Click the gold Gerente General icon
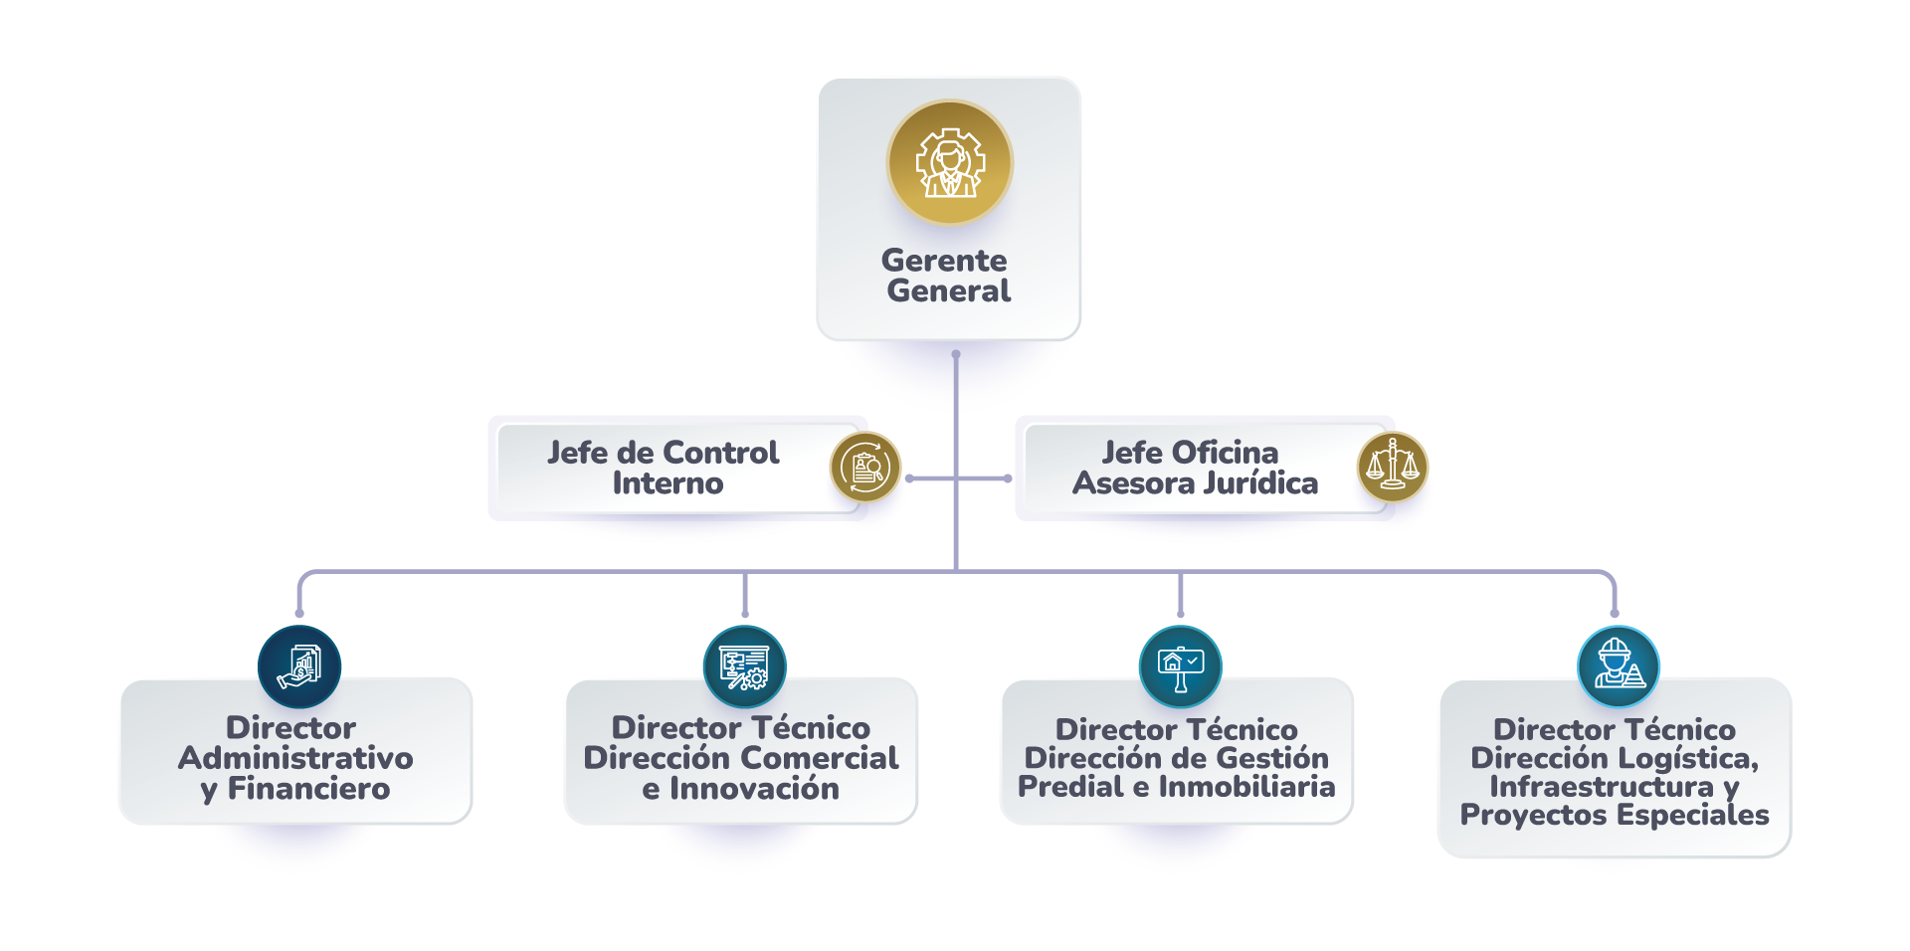click(949, 162)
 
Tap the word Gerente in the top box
click(944, 261)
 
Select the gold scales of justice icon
click(1392, 466)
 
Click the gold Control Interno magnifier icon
click(865, 467)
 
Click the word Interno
click(668, 483)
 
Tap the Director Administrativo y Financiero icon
click(299, 666)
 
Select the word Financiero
click(308, 789)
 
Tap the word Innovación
click(754, 789)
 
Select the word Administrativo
click(295, 758)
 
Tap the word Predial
click(1070, 787)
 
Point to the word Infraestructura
click(1602, 787)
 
